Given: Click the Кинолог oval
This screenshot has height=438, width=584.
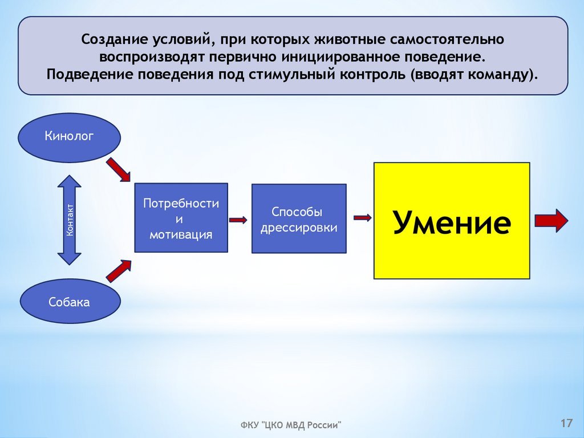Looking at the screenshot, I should coord(70,136).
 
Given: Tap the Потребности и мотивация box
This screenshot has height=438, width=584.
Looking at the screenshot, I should coord(181,218).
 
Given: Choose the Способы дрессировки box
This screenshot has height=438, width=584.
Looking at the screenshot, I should coord(298,219).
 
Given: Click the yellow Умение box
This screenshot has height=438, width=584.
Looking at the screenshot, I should coord(451,221).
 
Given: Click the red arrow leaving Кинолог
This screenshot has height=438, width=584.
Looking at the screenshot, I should coord(118,169).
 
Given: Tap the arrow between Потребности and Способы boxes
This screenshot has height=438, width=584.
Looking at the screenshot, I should coord(237,220).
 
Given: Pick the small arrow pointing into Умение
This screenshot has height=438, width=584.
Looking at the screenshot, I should coord(362,217).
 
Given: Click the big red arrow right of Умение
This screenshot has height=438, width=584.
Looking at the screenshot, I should coord(551,220).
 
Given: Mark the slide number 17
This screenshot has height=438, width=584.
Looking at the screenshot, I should coord(566,423).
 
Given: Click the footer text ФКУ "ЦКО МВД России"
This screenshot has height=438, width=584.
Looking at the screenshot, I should coord(290,425).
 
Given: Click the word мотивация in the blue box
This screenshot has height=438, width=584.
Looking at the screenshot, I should coord(181,234).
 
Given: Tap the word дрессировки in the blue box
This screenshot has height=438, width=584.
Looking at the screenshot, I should coord(298,228).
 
